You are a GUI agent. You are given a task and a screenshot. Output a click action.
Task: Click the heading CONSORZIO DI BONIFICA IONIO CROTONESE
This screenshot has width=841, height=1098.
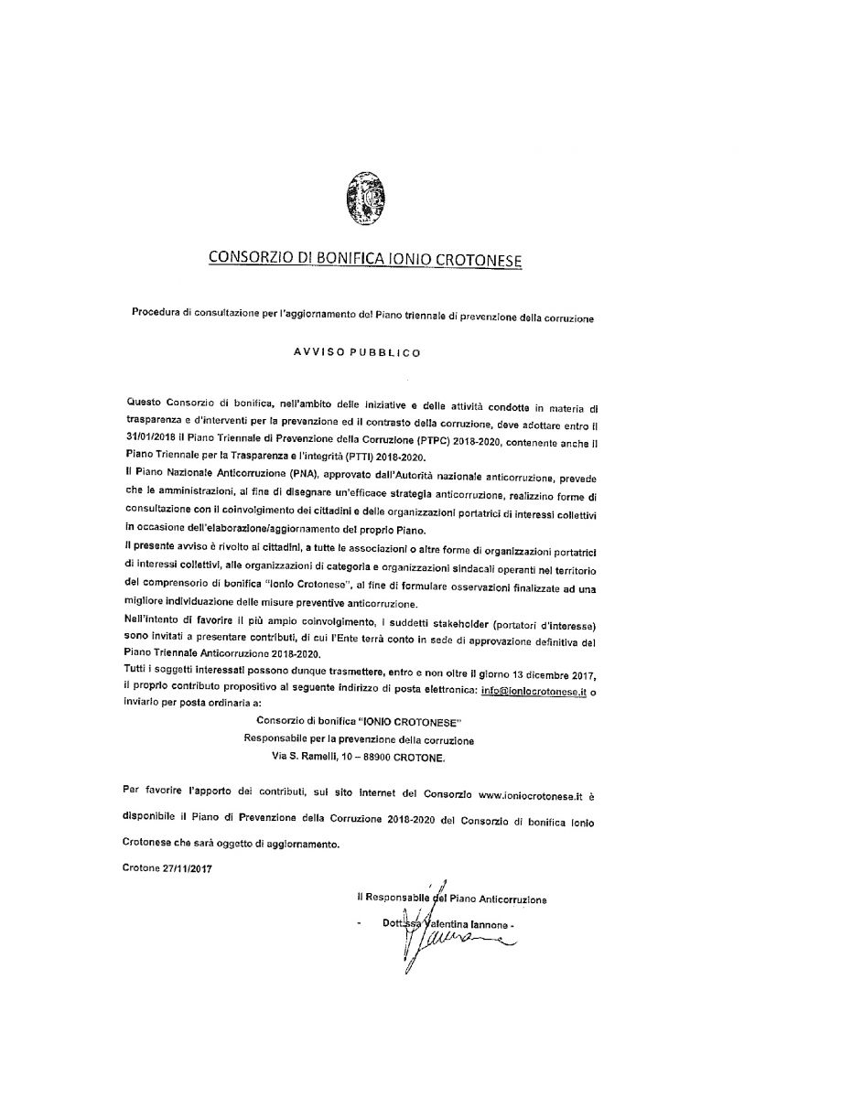click(365, 260)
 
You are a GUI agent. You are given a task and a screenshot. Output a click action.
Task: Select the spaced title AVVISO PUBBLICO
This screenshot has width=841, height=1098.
click(364, 350)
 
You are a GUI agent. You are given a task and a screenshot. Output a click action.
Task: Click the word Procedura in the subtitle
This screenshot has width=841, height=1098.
click(157, 318)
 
